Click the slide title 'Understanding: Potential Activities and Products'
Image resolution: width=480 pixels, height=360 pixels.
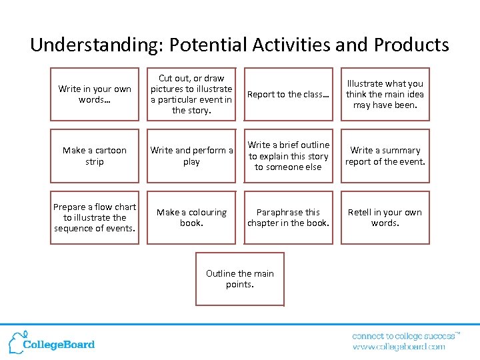click(x=239, y=45)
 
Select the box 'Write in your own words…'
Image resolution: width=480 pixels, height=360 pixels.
click(x=95, y=94)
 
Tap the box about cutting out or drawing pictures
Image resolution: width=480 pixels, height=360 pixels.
click(x=191, y=94)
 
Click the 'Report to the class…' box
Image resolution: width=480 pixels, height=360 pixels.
click(x=288, y=94)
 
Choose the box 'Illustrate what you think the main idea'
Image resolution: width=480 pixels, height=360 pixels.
click(x=385, y=94)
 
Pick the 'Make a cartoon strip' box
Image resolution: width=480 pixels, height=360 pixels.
click(x=95, y=156)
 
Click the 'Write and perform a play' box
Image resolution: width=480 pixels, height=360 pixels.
click(x=191, y=156)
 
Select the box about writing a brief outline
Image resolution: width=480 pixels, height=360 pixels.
click(x=288, y=156)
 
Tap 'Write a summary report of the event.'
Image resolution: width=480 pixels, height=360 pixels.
click(x=385, y=156)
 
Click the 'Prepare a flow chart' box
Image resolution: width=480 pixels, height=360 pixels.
click(x=95, y=217)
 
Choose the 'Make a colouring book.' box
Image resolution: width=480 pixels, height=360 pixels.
click(x=191, y=217)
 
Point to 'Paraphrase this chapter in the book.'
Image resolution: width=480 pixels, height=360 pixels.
click(x=288, y=217)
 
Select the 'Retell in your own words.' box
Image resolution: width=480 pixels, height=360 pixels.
click(x=385, y=217)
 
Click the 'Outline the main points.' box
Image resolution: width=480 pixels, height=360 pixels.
click(x=240, y=279)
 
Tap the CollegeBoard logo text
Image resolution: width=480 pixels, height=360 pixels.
click(x=59, y=345)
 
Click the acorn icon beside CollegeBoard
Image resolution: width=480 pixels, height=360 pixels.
click(x=16, y=341)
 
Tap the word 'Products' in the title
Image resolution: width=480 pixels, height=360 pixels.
click(x=411, y=45)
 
